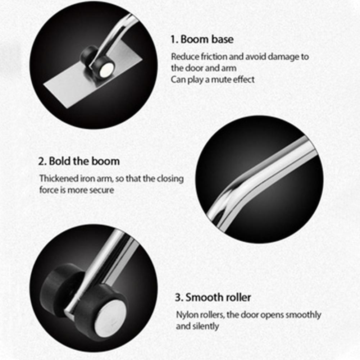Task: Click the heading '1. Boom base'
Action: (x=202, y=39)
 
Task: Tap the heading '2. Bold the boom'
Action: (x=79, y=161)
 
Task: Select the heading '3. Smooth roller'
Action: (x=213, y=297)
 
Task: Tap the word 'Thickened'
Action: (x=59, y=178)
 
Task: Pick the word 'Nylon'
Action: (x=186, y=315)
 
